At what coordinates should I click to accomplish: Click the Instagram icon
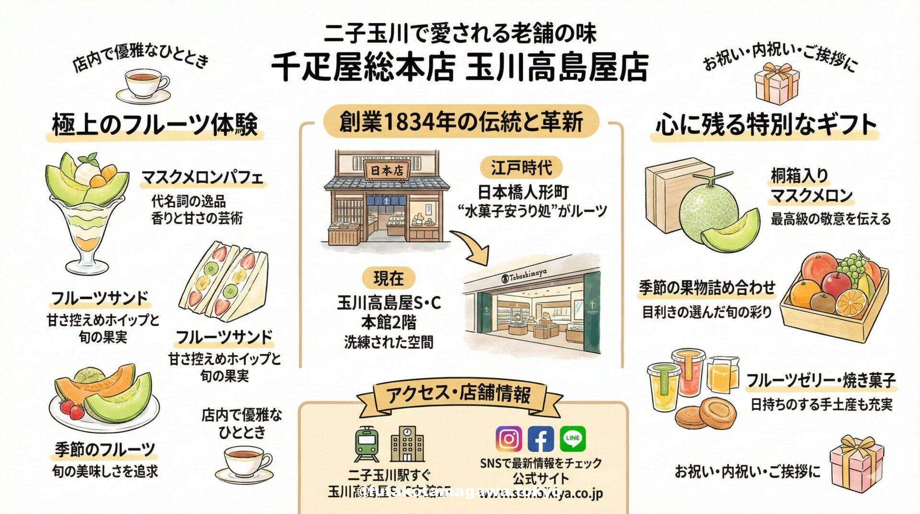508,438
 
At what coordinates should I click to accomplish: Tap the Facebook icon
540,438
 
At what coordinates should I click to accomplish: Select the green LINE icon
573,438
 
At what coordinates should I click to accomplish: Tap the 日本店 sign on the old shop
387,171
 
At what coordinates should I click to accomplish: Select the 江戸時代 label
521,168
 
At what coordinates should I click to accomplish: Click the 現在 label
389,278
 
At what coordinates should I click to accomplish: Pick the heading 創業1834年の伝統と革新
461,122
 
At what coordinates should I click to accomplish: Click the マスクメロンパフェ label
202,178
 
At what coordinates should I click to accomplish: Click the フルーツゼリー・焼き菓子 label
820,381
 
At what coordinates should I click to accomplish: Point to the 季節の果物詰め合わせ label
707,288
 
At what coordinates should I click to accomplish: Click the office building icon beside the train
407,443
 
